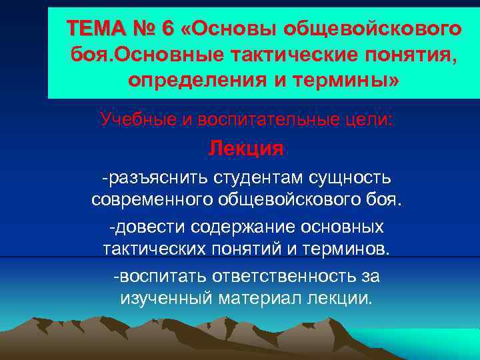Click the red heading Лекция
[x=246, y=148]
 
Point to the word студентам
[x=259, y=178]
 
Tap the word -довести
[x=147, y=227]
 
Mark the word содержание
[x=241, y=227]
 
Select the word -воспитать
[x=159, y=275]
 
